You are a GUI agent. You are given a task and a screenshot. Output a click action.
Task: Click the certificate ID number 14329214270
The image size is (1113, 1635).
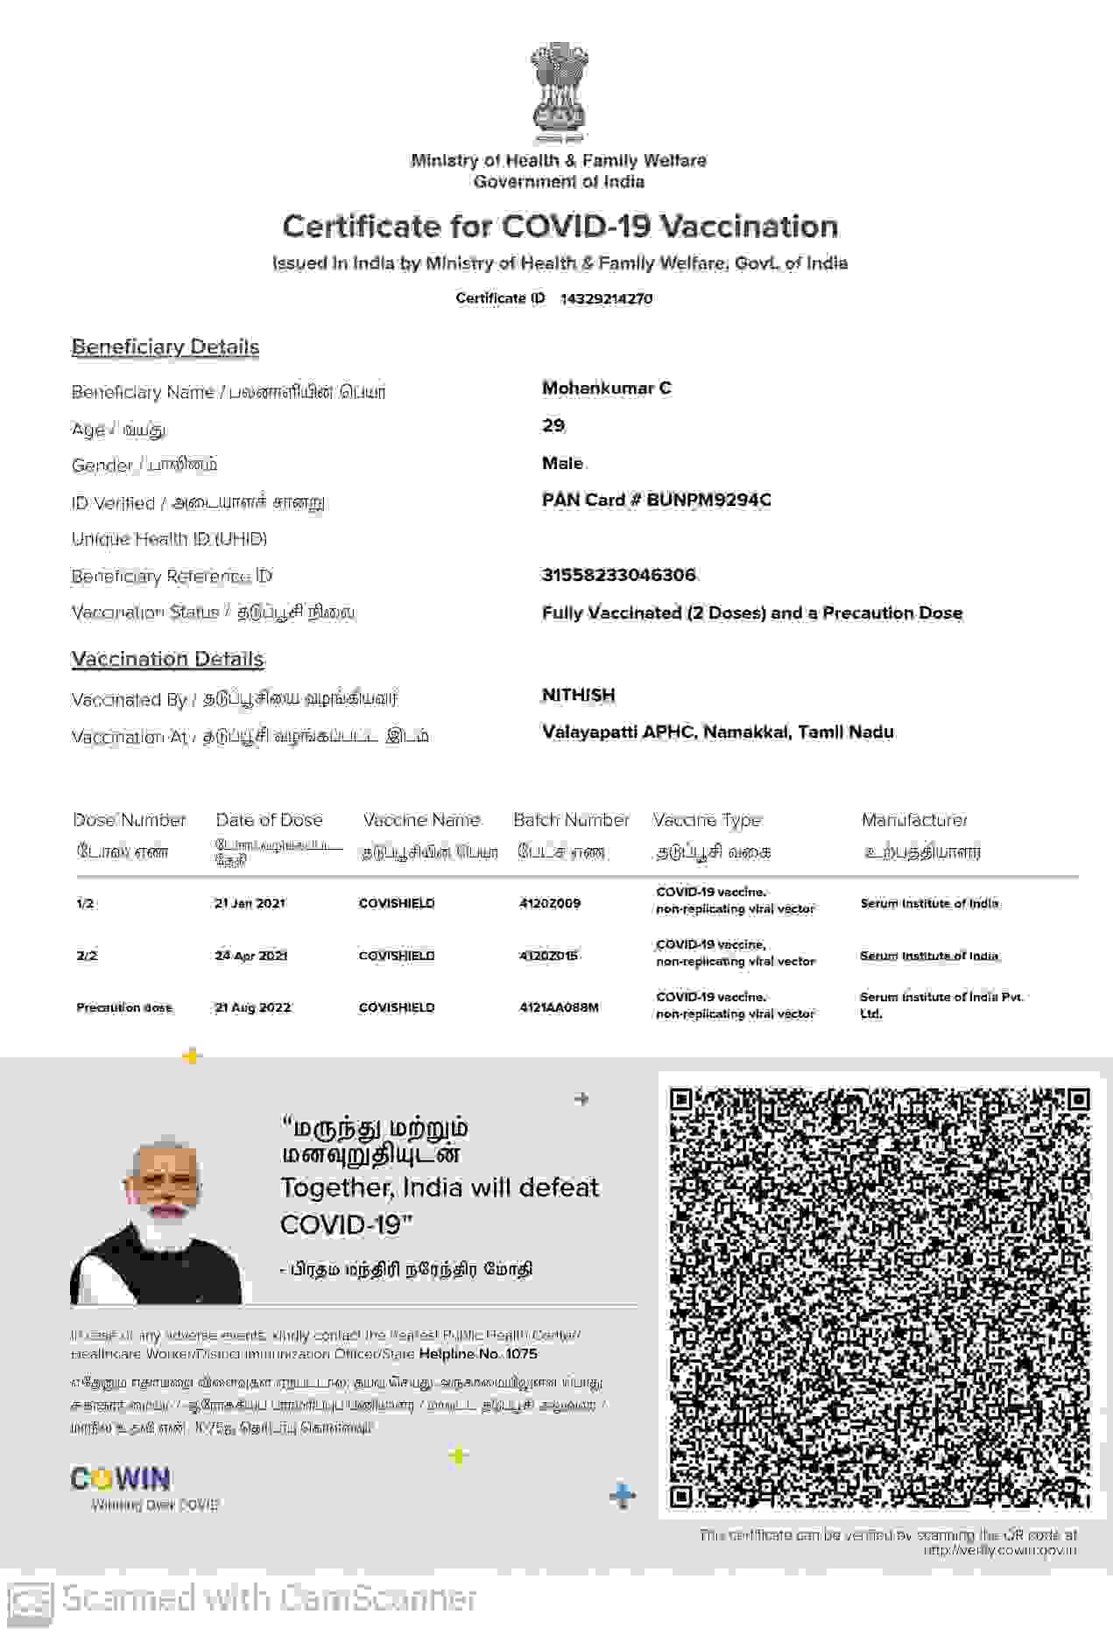(606, 298)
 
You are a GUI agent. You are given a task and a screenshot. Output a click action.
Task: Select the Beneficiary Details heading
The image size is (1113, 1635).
(166, 347)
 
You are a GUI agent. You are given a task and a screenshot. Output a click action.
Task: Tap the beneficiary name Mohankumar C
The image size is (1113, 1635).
(607, 388)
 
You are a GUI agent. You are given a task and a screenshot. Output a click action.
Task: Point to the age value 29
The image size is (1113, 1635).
(553, 425)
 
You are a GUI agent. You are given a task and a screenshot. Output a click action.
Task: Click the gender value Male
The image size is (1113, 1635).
(562, 463)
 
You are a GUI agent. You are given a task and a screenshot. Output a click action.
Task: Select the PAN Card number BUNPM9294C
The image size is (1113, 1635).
(708, 500)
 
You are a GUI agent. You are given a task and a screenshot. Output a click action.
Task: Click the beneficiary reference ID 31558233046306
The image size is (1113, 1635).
(619, 575)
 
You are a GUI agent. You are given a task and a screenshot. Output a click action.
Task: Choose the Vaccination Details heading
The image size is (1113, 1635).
(167, 659)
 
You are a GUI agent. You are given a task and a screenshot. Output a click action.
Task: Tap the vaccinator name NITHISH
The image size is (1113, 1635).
(578, 695)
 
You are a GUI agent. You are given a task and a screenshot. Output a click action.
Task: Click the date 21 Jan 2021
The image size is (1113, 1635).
(250, 903)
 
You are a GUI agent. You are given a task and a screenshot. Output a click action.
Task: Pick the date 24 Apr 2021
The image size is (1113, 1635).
(251, 956)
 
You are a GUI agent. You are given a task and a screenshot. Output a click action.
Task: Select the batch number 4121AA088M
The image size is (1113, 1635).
(559, 1007)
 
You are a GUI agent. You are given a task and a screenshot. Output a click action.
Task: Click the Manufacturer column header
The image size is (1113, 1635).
(914, 820)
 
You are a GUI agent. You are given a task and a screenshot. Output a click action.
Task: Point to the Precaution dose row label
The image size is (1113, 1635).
(124, 1007)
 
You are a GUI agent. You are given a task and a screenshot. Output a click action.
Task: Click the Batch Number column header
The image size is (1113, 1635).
(571, 820)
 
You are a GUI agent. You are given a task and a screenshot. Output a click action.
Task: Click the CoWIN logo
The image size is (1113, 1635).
(121, 1479)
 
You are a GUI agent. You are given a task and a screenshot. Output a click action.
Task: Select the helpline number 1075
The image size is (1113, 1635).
(521, 1354)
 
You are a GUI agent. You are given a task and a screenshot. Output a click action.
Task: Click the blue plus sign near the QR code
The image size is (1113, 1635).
(623, 1496)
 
